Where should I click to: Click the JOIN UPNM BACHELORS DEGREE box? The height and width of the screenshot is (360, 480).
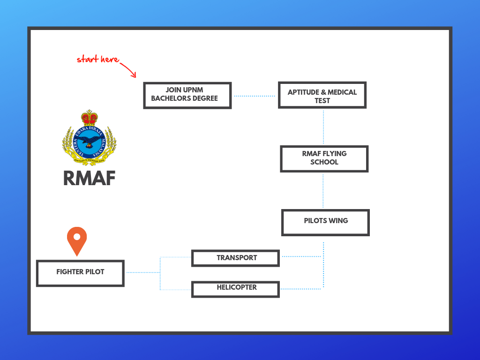pyautogui.click(x=187, y=95)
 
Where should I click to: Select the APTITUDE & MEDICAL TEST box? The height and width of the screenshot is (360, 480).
pyautogui.click(x=322, y=95)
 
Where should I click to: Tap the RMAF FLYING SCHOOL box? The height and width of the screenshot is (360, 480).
pyautogui.click(x=324, y=159)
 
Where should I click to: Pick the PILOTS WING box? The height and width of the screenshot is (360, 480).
pyautogui.click(x=325, y=223)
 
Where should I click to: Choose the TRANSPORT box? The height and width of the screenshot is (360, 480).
pyautogui.click(x=235, y=258)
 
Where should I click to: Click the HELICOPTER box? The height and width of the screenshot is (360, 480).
pyautogui.click(x=235, y=289)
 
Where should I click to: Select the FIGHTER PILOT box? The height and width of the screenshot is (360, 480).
pyautogui.click(x=80, y=273)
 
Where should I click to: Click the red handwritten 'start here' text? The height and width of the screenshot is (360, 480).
pyautogui.click(x=98, y=59)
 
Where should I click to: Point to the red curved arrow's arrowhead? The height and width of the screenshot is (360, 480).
pyautogui.click(x=134, y=75)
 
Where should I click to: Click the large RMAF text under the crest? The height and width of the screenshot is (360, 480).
pyautogui.click(x=90, y=179)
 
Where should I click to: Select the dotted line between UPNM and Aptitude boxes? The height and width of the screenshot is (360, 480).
pyautogui.click(x=255, y=96)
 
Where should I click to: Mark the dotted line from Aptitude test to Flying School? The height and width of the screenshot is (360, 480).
pyautogui.click(x=323, y=127)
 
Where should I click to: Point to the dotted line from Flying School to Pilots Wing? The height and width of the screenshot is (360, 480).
pyautogui.click(x=323, y=191)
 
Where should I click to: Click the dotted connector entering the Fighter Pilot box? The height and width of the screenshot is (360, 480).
pyautogui.click(x=143, y=272)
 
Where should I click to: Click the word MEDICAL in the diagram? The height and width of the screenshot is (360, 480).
pyautogui.click(x=342, y=92)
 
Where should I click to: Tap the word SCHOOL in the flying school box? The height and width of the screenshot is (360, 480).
pyautogui.click(x=324, y=162)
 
